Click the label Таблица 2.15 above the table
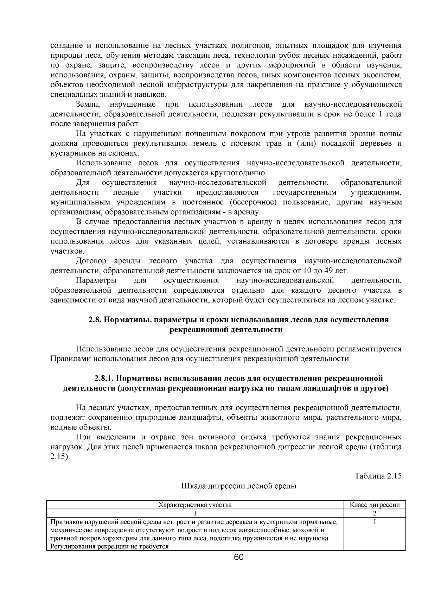click(378, 476)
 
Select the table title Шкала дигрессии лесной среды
click(238, 486)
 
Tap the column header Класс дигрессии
click(375, 505)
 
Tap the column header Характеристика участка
click(195, 505)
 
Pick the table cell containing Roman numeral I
click(375, 522)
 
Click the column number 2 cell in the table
click(375, 513)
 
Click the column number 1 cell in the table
click(195, 513)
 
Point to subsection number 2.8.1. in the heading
click(104, 378)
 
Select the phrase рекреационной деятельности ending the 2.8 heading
click(226, 330)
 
